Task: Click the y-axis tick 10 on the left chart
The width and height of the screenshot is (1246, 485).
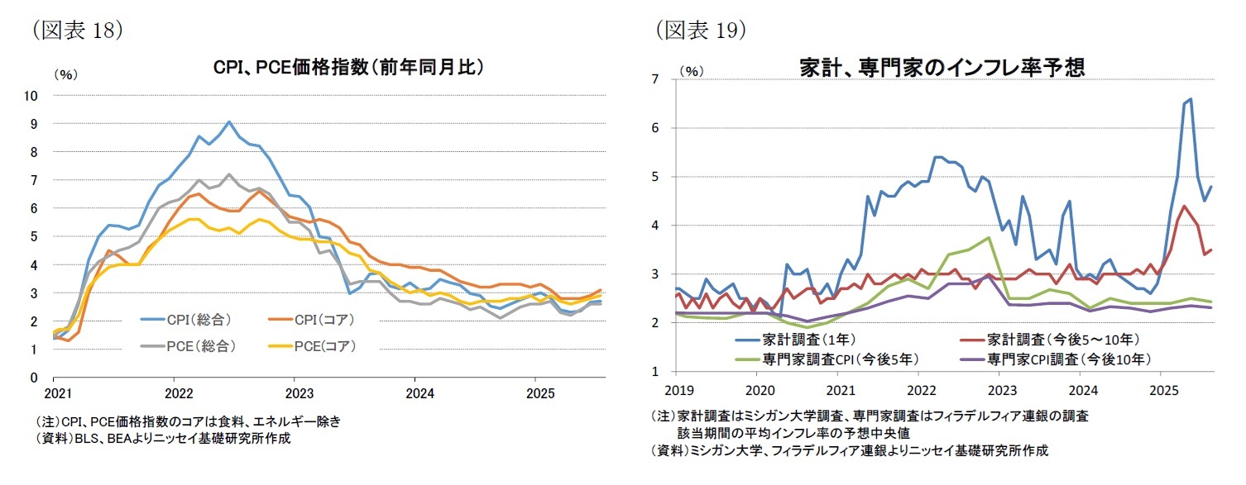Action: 32,95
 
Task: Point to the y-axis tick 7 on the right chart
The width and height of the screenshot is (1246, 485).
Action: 654,79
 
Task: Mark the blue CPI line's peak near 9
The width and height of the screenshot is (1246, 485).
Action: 229,121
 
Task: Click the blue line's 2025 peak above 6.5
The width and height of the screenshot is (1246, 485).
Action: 1191,99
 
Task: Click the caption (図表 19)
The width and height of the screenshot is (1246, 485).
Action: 702,31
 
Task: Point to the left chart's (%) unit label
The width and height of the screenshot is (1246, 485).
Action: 65,74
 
